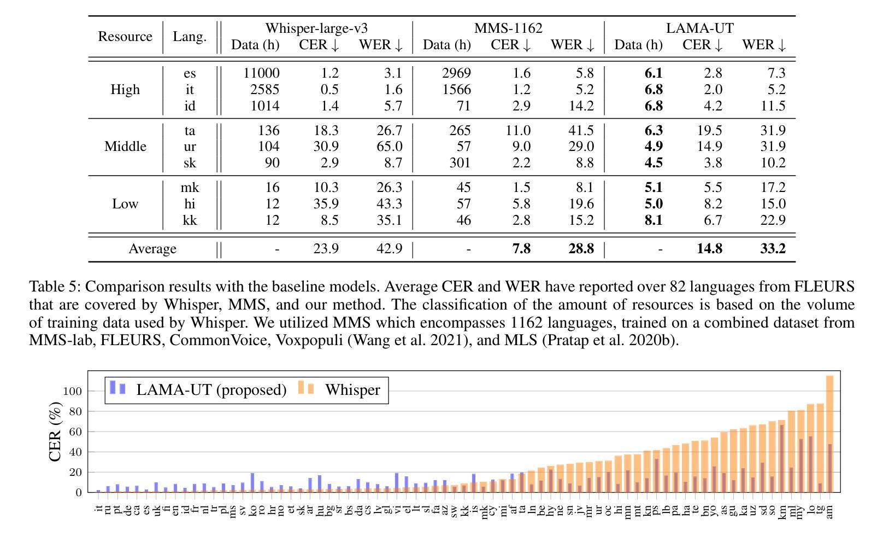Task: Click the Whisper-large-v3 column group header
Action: coord(316,28)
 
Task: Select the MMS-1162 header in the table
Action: coord(508,28)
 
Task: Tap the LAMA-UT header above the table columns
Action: coord(699,28)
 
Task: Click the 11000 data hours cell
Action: coord(261,73)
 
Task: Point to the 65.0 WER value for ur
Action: coord(389,147)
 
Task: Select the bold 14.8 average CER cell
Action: coord(709,249)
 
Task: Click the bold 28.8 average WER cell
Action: coord(581,249)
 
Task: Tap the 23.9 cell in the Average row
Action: coord(326,249)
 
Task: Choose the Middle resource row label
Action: coord(125,147)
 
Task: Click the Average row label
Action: coord(152,249)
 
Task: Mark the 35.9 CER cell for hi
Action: coord(326,204)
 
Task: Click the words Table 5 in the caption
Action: coord(54,287)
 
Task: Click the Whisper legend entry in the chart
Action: coord(352,390)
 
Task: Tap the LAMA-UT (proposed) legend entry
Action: coord(211,390)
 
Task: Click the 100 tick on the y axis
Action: coord(72,391)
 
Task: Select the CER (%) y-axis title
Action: coord(55,432)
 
